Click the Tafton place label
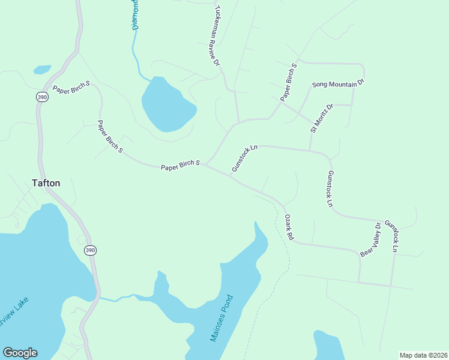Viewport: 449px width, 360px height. coord(46,184)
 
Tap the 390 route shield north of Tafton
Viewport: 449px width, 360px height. coord(41,97)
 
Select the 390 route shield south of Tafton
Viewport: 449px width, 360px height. coord(90,250)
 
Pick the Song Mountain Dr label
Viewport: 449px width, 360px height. coord(338,83)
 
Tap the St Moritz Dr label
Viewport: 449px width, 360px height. coord(321,118)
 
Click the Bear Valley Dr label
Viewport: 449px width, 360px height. coord(371,240)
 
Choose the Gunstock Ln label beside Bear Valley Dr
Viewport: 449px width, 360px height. coord(391,235)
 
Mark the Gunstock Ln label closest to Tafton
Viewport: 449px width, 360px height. coord(244,158)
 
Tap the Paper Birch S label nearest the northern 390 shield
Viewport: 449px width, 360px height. coord(71,88)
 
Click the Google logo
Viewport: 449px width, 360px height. coord(20,353)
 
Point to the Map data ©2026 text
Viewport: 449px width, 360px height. coord(423,355)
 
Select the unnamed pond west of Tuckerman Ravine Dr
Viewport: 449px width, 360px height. coord(167,104)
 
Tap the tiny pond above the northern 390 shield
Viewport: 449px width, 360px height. coord(42,70)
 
